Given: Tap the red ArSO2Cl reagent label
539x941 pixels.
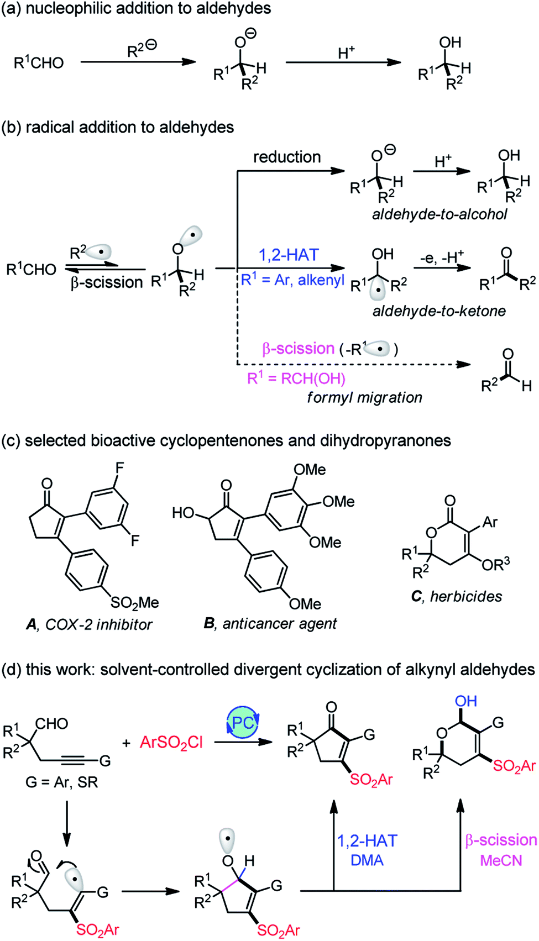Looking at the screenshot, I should click(171, 742).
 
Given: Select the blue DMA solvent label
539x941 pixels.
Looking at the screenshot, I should click(367, 860).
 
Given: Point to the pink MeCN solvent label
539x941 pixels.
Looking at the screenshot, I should click(501, 860).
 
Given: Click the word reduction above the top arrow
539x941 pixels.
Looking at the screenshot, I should click(287, 157).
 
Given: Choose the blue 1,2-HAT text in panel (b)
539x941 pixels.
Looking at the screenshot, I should click(289, 255).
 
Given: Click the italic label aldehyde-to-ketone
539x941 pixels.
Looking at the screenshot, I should click(439, 311).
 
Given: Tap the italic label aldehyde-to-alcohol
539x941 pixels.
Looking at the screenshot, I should click(439, 214).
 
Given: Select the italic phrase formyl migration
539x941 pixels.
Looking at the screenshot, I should click(364, 397).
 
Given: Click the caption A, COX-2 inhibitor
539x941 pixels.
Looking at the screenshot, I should click(89, 624).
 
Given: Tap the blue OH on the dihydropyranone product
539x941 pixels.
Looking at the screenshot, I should click(465, 701).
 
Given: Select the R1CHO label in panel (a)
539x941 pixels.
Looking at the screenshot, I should click(39, 63).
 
